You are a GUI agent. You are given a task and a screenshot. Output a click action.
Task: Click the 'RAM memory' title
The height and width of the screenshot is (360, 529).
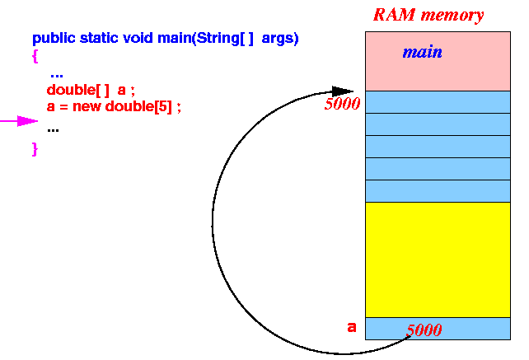(x=428, y=15)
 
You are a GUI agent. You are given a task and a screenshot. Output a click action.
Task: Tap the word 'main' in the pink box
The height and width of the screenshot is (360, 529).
(x=423, y=52)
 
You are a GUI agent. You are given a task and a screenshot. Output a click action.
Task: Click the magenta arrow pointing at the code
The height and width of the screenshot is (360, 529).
(x=19, y=121)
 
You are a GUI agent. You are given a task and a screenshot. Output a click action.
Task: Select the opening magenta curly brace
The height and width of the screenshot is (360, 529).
(x=35, y=56)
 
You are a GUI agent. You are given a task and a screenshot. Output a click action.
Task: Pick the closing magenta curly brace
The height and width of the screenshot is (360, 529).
(x=35, y=149)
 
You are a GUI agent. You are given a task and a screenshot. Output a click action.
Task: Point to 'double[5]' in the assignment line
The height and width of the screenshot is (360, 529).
(x=138, y=107)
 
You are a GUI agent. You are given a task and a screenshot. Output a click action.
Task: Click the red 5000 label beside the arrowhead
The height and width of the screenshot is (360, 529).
(x=342, y=104)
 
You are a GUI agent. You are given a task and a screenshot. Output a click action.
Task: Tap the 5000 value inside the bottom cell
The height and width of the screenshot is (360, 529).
(x=424, y=330)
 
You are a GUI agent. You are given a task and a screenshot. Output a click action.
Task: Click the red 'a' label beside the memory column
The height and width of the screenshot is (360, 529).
(x=352, y=327)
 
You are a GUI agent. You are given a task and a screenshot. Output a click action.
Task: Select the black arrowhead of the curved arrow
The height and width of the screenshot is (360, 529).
(x=343, y=91)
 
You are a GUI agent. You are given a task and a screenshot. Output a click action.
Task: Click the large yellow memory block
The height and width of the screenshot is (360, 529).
(x=438, y=259)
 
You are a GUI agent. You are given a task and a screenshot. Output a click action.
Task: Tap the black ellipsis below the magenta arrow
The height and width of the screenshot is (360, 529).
(x=53, y=130)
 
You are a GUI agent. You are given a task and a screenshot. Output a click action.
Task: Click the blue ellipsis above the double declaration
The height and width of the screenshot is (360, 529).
(x=57, y=76)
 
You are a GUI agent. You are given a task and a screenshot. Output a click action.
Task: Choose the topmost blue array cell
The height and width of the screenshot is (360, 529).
(x=438, y=102)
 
